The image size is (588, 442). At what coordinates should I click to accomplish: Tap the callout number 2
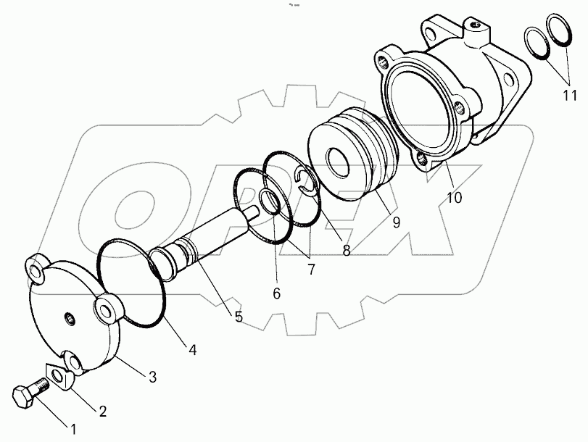102,412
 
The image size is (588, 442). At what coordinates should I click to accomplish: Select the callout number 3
152,376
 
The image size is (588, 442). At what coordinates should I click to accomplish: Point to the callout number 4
191,349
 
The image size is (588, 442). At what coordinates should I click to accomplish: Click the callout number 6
276,293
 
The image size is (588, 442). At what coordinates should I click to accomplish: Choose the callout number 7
311,270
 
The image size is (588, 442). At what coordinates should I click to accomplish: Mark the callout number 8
346,251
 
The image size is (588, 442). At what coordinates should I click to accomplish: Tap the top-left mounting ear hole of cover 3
36,268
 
